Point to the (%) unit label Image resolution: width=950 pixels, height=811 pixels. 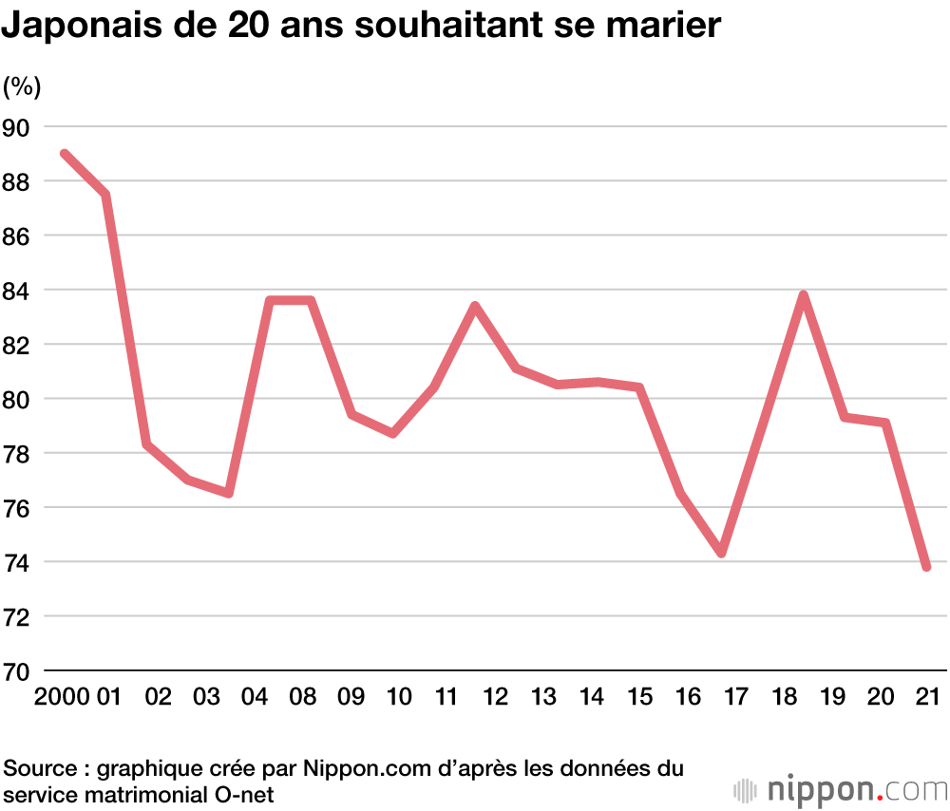coord(22,87)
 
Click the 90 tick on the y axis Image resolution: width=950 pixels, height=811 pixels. coord(18,127)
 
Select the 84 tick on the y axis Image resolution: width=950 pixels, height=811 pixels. coord(18,291)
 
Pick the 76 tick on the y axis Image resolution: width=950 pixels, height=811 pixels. coord(18,508)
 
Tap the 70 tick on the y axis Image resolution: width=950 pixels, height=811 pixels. coord(18,671)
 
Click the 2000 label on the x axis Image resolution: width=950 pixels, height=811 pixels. coord(63,697)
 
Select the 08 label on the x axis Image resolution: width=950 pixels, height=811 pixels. coord(303,697)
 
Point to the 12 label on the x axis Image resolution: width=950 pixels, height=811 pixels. coord(495,697)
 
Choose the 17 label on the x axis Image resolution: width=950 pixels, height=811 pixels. coord(735,697)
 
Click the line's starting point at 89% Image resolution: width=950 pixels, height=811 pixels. coord(64,154)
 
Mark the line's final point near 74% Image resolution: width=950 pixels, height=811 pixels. coord(926,567)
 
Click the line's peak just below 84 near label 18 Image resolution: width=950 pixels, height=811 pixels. coord(804,295)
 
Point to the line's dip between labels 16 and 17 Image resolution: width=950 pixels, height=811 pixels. coord(722,553)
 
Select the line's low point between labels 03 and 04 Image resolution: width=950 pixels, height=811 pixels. coord(229,494)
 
